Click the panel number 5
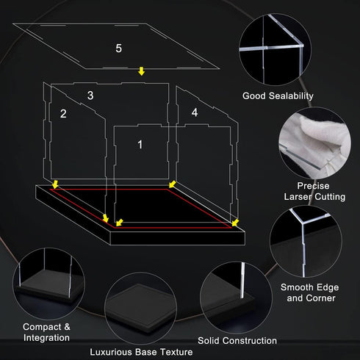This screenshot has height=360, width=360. pyautogui.click(x=118, y=48)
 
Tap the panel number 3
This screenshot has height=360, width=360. pyautogui.click(x=90, y=96)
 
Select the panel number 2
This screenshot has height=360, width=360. pyautogui.click(x=63, y=114)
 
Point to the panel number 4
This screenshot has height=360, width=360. pyautogui.click(x=195, y=112)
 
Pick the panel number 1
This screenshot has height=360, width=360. pyautogui.click(x=140, y=145)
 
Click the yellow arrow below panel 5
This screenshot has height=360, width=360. pyautogui.click(x=141, y=71)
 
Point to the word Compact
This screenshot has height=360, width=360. pyautogui.click(x=42, y=327)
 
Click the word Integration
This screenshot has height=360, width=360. pyautogui.click(x=46, y=338)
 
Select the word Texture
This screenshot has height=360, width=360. pyautogui.click(x=176, y=352)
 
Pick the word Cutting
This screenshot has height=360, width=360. pyautogui.click(x=330, y=197)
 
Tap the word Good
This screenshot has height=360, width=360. pyautogui.click(x=254, y=96)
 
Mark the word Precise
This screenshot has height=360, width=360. pyautogui.click(x=313, y=186)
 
